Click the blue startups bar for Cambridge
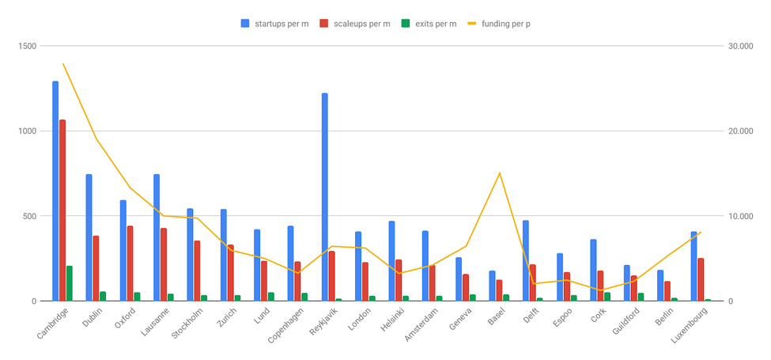pos(55,191)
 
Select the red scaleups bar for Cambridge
pos(62,210)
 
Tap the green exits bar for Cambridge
pos(70,283)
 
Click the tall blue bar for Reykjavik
pos(325,197)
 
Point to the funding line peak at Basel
pos(500,173)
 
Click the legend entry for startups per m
pos(275,24)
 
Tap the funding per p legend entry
pos(499,24)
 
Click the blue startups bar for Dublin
pos(89,237)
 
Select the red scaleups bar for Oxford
pos(130,263)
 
